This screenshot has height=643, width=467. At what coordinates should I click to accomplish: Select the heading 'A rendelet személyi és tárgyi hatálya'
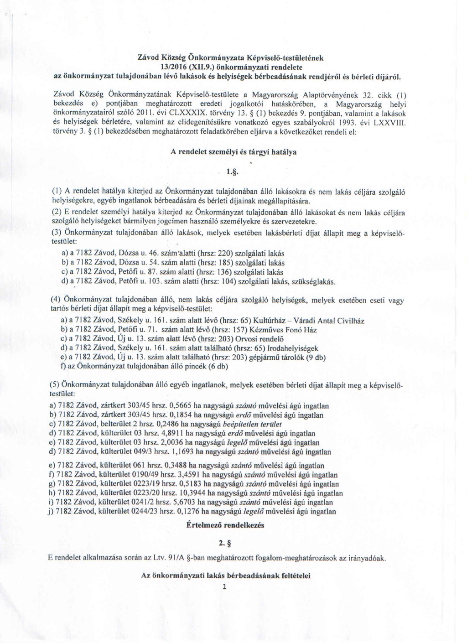[x=233, y=152]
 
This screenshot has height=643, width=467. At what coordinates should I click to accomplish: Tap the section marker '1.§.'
[x=233, y=172]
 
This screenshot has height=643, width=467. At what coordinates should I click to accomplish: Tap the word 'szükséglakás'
[x=316, y=282]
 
